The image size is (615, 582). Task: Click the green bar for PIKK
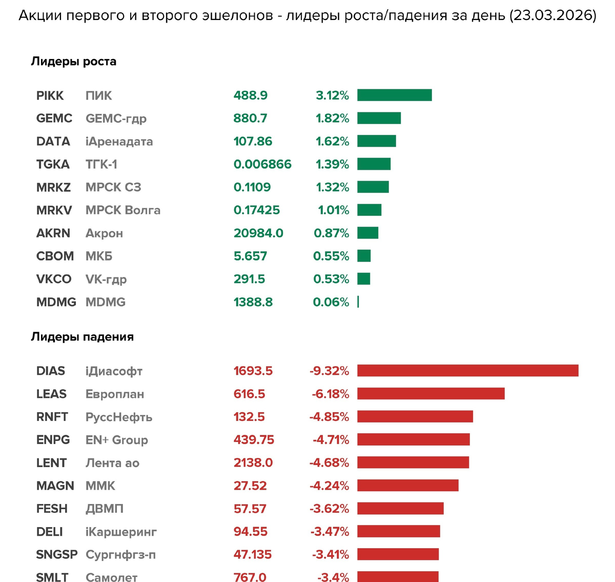[x=394, y=95]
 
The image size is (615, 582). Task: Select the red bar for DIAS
[x=467, y=371]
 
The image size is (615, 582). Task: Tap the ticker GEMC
[x=54, y=118]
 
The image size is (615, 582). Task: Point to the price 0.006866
[x=262, y=165]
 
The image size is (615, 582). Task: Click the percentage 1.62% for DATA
[x=332, y=142]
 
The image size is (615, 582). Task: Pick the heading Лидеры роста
[x=73, y=62]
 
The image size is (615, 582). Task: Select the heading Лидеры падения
[x=82, y=337]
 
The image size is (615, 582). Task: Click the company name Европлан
[x=114, y=394]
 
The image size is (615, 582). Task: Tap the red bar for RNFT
[x=415, y=417]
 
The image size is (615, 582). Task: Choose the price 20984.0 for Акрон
[x=258, y=233]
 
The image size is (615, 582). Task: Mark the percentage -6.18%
[x=330, y=394]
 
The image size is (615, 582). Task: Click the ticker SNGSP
[x=56, y=555]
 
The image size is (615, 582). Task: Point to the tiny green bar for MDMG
[x=358, y=302]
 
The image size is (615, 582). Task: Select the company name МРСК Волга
[x=122, y=210]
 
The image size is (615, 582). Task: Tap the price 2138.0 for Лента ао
[x=253, y=463]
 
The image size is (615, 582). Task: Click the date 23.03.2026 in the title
[x=552, y=16]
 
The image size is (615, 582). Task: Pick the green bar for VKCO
[x=363, y=279]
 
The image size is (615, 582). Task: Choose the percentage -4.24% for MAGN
[x=329, y=486]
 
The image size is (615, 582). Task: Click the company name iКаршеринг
[x=121, y=532]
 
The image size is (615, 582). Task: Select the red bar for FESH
[x=400, y=509]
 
